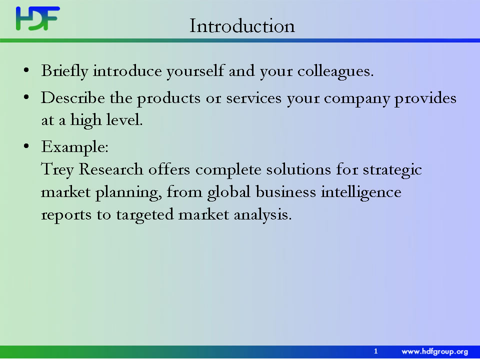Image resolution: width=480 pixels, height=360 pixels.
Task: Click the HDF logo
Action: tap(38, 18)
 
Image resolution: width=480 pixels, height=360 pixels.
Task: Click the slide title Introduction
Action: tap(242, 25)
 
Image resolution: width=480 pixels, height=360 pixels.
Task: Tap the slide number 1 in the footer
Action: tap(376, 351)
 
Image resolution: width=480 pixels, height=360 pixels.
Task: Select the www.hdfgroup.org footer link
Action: tap(434, 351)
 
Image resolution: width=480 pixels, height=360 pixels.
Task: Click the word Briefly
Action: tap(65, 71)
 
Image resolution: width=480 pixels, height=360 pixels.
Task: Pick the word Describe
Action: tap(73, 98)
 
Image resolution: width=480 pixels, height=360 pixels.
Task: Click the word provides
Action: tap(425, 98)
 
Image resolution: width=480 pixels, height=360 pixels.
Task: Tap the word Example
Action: tap(74, 147)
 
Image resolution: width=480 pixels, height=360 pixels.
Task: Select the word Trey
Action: tap(57, 170)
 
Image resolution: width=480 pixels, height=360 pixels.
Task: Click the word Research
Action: tap(111, 169)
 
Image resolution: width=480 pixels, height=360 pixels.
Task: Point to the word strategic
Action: tap(392, 170)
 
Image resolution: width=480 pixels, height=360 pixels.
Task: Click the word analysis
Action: tap(262, 215)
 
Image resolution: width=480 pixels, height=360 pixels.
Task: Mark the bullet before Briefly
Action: tap(26, 70)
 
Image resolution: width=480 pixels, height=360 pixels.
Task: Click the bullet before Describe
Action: tap(26, 97)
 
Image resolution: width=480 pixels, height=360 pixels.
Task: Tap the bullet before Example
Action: tap(26, 146)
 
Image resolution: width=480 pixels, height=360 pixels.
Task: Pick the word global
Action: tap(228, 192)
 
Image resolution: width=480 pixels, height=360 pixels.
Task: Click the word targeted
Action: tap(145, 215)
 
